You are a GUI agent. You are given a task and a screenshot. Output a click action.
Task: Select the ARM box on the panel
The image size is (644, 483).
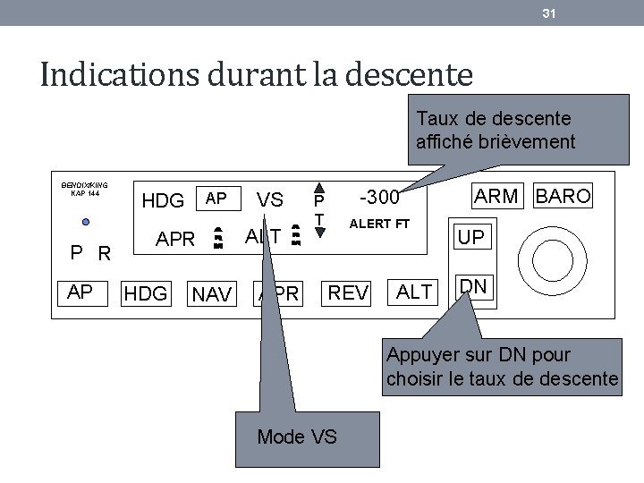pos(496,196)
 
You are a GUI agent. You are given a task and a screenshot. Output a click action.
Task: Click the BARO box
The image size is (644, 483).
pos(563,196)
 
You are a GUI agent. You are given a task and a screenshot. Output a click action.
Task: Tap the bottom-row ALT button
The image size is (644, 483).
pos(414,292)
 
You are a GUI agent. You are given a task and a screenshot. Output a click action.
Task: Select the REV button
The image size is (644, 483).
pos(348,292)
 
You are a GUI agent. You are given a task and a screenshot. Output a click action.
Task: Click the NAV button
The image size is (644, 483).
pos(212,293)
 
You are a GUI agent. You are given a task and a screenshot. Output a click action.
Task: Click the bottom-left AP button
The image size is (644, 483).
pos(80,291)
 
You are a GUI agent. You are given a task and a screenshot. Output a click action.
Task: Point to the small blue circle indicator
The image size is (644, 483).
pos(85,222)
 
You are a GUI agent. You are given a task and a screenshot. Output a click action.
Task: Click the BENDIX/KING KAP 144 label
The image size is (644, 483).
pos(85,189)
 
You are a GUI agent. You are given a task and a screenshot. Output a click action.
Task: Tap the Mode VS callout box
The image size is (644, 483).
pos(296,436)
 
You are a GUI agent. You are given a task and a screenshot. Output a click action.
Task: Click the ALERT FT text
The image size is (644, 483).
pos(379,223)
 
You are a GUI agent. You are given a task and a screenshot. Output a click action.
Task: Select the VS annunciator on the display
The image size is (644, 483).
pos(270,200)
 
